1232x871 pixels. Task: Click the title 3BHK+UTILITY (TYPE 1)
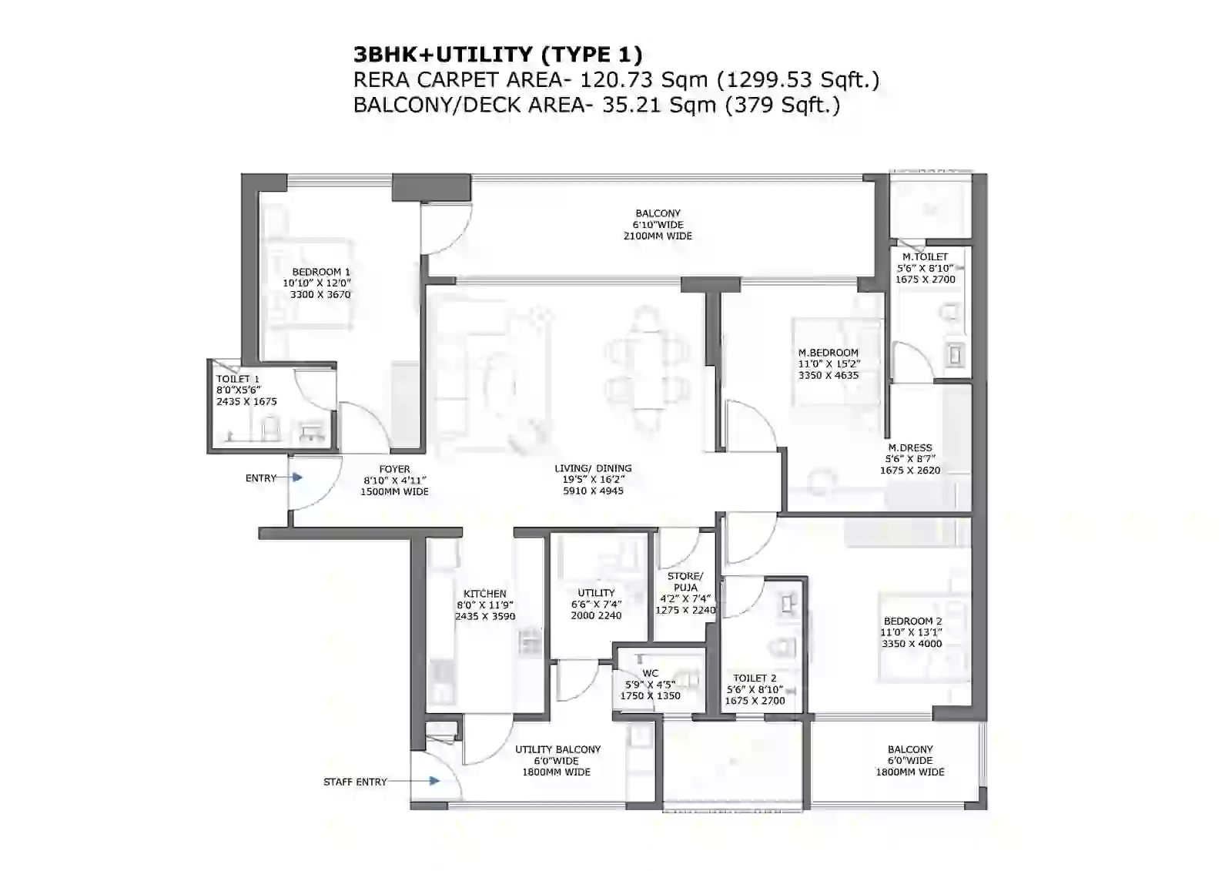[497, 54]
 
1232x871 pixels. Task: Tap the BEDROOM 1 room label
[321, 272]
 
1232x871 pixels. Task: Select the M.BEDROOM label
[828, 353]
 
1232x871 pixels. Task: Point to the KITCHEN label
[485, 594]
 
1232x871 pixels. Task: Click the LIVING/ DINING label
[593, 468]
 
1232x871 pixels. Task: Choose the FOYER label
[394, 469]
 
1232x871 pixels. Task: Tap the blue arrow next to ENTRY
[296, 477]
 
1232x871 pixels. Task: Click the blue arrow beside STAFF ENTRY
[434, 781]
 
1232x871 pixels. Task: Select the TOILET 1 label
[238, 379]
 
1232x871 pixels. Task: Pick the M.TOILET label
[925, 257]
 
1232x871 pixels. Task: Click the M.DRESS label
[910, 447]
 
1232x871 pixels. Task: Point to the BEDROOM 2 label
[912, 621]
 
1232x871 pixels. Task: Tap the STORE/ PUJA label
[685, 581]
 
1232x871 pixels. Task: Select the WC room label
[651, 673]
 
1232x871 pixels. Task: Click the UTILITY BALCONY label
[557, 749]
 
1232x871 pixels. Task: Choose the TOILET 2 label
[755, 678]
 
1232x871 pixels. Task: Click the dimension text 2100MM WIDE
[658, 236]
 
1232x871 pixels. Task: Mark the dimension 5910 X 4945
[593, 491]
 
